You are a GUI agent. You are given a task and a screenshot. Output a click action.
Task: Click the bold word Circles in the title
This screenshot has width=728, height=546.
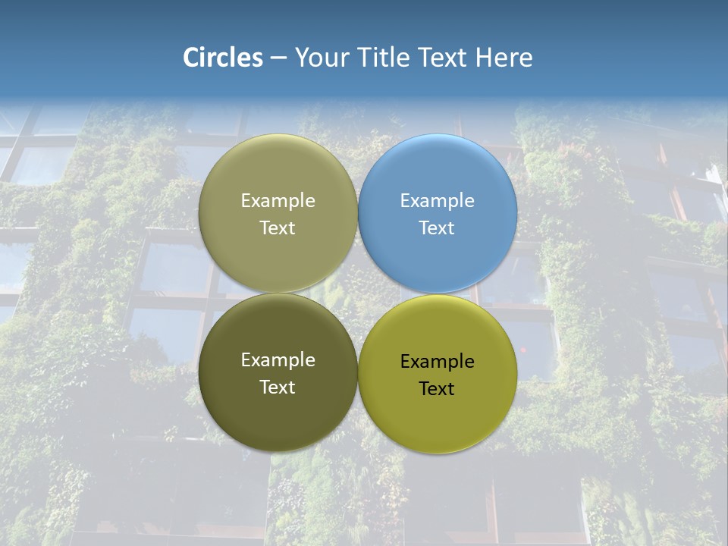coord(223,58)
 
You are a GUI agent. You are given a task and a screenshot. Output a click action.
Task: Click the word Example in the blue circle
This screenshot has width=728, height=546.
coord(438,201)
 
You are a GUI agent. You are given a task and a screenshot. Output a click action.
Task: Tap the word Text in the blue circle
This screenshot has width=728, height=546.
coord(438,228)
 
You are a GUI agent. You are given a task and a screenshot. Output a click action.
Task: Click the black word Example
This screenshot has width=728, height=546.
coord(438,362)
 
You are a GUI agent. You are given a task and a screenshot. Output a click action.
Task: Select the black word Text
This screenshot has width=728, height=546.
coord(438,389)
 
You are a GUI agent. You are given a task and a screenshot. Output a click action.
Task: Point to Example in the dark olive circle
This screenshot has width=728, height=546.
coord(278,360)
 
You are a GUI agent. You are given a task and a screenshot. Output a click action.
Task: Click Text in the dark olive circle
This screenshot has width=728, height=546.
coord(278,388)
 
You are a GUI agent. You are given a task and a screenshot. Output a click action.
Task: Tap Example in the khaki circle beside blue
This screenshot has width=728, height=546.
coord(278,201)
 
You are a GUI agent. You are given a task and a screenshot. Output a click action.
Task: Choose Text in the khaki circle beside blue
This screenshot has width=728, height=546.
coord(278,228)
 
